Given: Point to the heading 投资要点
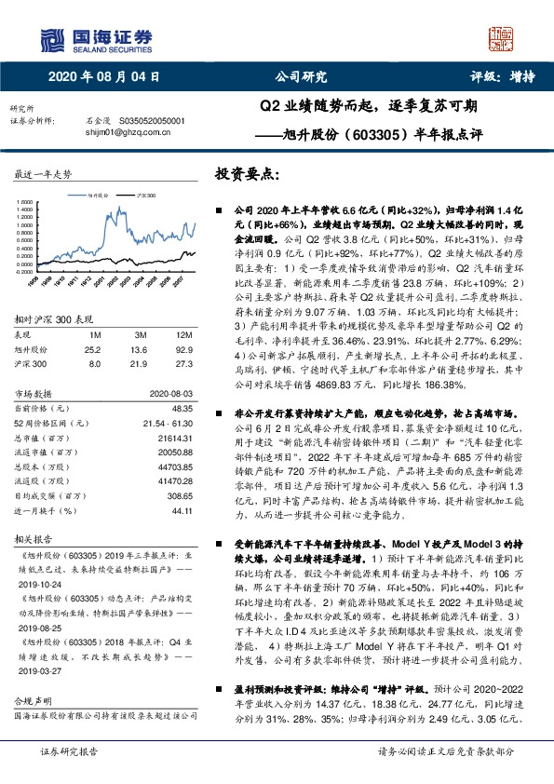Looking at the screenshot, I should tap(247, 174).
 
